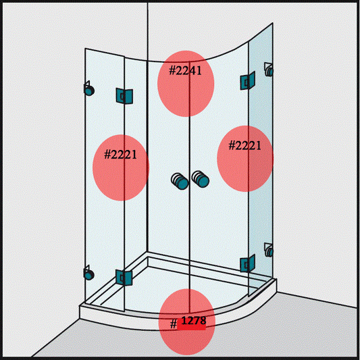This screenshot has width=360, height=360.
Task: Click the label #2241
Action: coord(186,70)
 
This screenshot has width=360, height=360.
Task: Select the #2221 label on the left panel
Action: coord(121,155)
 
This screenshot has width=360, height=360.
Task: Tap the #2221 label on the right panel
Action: coord(245,145)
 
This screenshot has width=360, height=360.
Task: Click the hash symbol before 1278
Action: coord(174,324)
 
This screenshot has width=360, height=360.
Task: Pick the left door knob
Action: coord(179,180)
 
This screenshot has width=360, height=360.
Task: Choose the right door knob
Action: coord(200,178)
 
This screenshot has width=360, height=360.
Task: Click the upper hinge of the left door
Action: coord(124,97)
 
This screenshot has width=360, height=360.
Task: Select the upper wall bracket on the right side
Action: coord(269,69)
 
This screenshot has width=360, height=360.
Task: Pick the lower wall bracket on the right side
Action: coord(269,251)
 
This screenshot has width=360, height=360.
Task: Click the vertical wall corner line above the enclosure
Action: coord(147,27)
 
